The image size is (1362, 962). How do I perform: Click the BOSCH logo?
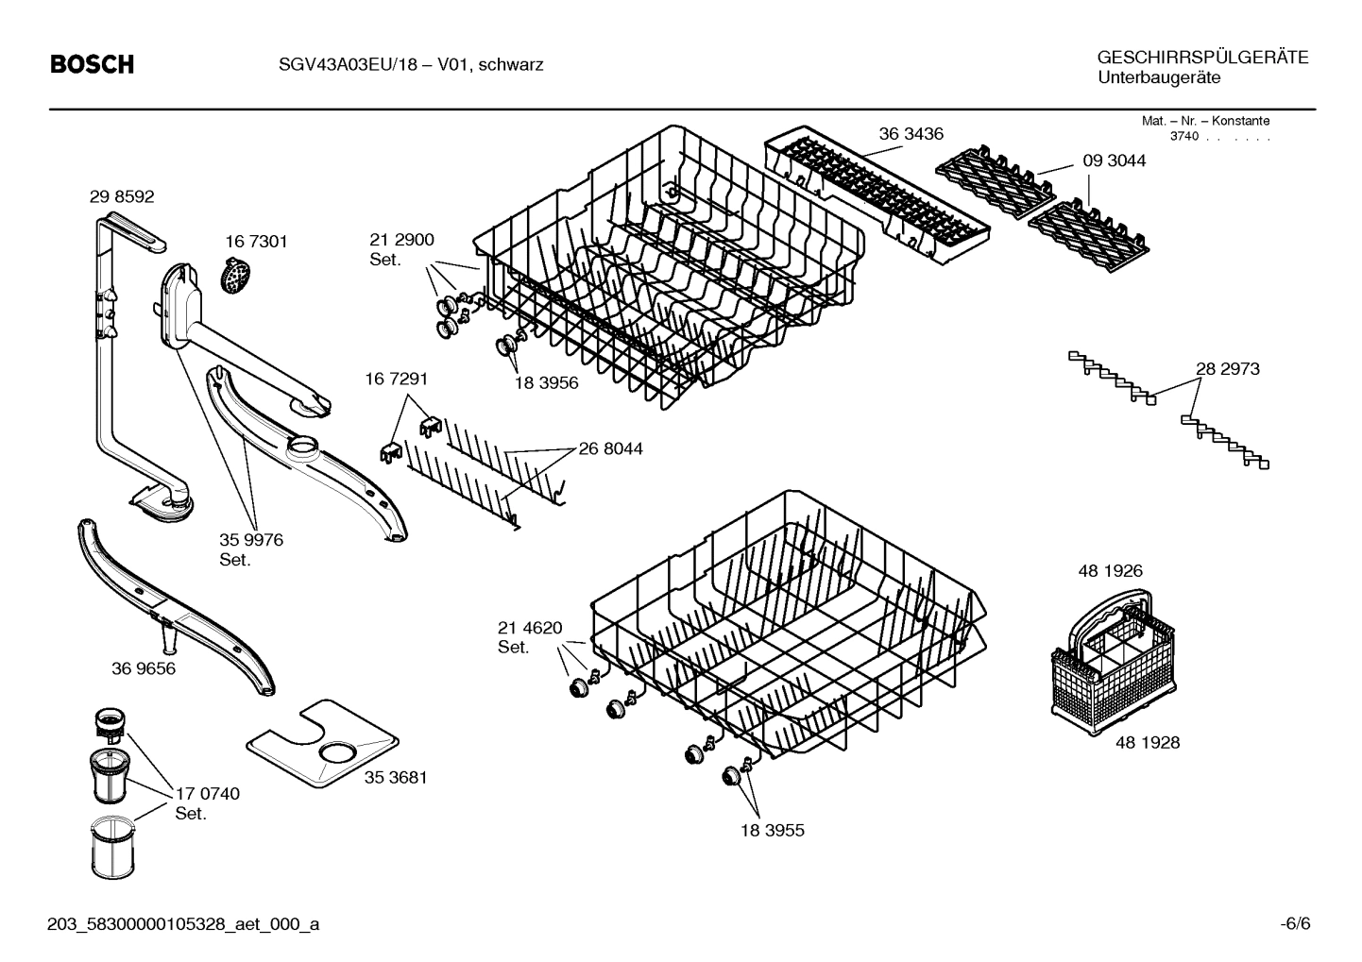click(92, 65)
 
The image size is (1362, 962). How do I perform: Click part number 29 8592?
click(122, 197)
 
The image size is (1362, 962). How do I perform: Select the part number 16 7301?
click(256, 242)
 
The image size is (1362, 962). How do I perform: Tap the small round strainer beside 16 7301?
click(232, 277)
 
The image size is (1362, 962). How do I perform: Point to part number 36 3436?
click(911, 134)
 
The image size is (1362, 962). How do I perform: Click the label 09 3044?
click(1114, 161)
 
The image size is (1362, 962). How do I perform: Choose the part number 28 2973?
click(1227, 369)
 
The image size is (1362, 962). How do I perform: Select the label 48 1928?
click(1147, 743)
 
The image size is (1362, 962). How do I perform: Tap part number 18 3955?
click(773, 831)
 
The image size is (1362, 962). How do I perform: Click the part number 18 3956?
click(546, 383)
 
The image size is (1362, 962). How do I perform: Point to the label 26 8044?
click(610, 449)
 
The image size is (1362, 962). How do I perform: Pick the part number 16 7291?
click(396, 380)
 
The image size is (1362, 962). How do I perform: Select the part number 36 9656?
click(143, 669)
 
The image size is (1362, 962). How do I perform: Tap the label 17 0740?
click(207, 794)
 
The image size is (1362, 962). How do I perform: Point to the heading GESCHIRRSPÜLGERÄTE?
click(1202, 58)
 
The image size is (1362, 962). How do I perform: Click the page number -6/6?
click(1295, 923)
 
